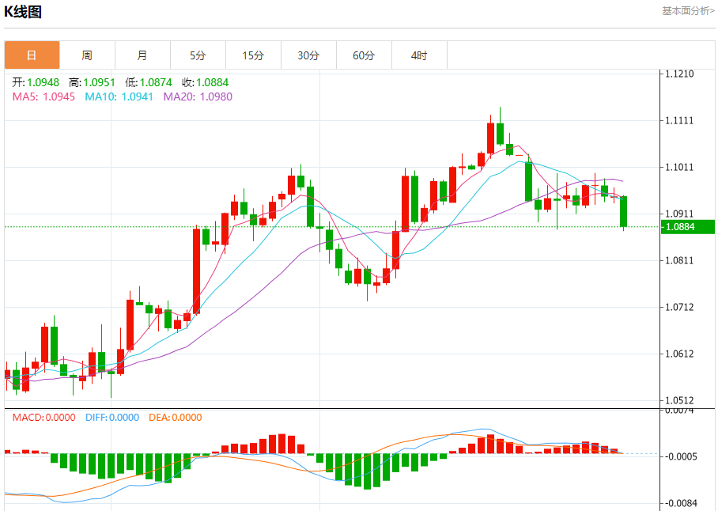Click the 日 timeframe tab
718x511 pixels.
point(32,55)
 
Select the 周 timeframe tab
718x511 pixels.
point(87,55)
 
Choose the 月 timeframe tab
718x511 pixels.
point(142,55)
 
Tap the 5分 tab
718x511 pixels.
point(198,55)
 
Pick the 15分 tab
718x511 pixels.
point(253,55)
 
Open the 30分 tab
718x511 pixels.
point(308,55)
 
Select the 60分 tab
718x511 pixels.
point(364,55)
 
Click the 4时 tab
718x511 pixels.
point(419,55)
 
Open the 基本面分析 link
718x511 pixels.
point(687,11)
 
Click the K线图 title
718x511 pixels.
point(23,12)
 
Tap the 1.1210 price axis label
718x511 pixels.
point(679,74)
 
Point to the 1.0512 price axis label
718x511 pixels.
point(679,400)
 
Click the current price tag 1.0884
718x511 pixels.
point(680,227)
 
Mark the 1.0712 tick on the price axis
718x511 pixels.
point(679,307)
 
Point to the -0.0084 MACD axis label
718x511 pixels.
point(679,503)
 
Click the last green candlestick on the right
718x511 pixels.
point(624,211)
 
